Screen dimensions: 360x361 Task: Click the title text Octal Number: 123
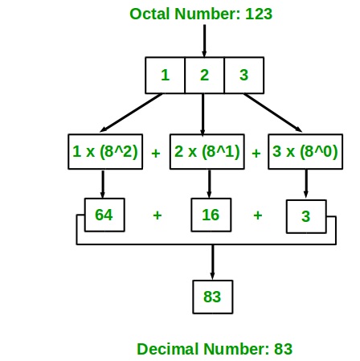(201, 14)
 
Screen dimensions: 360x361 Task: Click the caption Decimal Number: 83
(215, 349)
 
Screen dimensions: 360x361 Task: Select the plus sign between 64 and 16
(157, 215)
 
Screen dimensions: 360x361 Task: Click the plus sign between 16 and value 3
(258, 215)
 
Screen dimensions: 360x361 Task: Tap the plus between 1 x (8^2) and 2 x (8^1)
(156, 154)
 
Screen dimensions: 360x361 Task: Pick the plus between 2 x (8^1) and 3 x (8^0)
(256, 154)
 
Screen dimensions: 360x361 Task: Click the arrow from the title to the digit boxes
(204, 41)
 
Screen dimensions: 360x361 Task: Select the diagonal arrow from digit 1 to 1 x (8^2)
(131, 113)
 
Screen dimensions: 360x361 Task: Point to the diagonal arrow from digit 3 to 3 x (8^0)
(273, 113)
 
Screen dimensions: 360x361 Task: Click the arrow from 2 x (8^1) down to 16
(209, 184)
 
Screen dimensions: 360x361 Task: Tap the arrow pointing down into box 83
(213, 262)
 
